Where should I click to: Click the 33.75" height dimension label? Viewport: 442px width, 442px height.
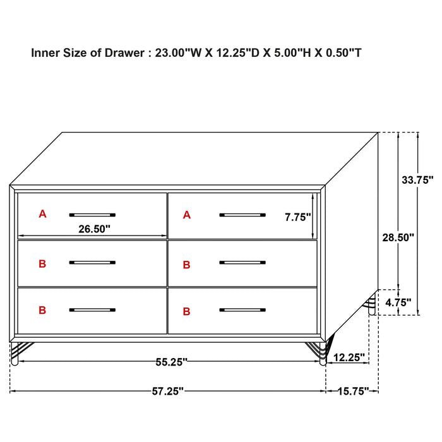418,179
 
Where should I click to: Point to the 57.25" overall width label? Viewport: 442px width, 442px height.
168,391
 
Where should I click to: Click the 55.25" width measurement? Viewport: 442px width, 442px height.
172,362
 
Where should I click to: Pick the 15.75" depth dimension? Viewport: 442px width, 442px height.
352,391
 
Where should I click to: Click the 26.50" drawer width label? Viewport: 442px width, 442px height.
95,229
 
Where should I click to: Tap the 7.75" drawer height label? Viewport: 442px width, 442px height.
298,217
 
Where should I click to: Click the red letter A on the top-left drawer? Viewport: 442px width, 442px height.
42,214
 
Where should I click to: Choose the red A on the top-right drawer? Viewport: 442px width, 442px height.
186,215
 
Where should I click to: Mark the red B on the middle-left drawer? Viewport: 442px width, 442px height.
42,264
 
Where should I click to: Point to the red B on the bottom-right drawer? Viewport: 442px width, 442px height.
186,311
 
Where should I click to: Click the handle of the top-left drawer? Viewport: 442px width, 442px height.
92,214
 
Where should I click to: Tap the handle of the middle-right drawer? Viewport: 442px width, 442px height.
242,262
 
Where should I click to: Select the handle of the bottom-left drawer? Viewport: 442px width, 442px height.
92,310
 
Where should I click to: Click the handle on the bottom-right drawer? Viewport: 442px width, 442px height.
242,310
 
